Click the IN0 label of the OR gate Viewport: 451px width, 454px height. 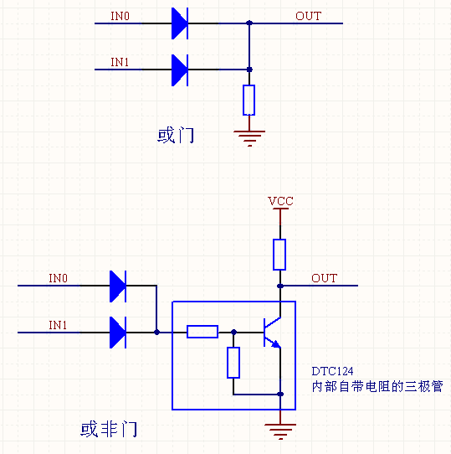pyautogui.click(x=120, y=16)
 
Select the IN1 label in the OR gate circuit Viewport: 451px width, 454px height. pyautogui.click(x=120, y=62)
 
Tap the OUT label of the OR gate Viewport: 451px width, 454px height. pyautogui.click(x=308, y=16)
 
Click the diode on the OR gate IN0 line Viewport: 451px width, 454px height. pyautogui.click(x=179, y=23)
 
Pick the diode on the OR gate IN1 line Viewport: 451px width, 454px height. pyautogui.click(x=179, y=70)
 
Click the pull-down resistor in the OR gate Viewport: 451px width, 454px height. pyautogui.click(x=249, y=100)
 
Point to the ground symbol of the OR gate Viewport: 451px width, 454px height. pyautogui.click(x=249, y=137)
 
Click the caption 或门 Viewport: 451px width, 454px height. pyautogui.click(x=176, y=136)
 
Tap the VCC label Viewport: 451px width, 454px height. pyautogui.click(x=280, y=201)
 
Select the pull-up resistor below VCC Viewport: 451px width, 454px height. pyautogui.click(x=279, y=254)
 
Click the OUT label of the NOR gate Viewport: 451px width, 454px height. pyautogui.click(x=325, y=278)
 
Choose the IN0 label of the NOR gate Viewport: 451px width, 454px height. pyautogui.click(x=58, y=278)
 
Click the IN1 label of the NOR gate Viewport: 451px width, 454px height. pyautogui.click(x=58, y=324)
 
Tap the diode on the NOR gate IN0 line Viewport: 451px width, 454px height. pyautogui.click(x=118, y=286)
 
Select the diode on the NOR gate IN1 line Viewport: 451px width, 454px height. pyautogui.click(x=118, y=333)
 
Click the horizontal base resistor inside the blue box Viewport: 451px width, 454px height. pyautogui.click(x=202, y=332)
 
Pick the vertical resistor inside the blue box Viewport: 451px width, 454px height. pyautogui.click(x=233, y=362)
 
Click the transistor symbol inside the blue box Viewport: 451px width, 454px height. pyautogui.click(x=270, y=332)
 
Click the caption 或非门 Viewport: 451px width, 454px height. pyautogui.click(x=109, y=430)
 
